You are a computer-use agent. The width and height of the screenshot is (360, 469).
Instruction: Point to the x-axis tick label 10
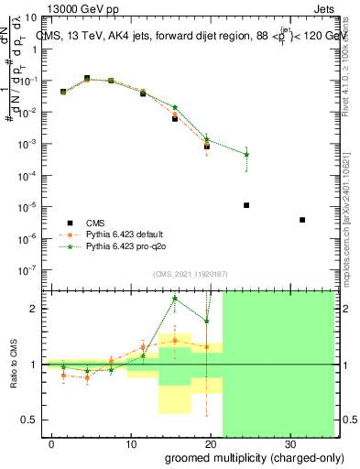point(131,442)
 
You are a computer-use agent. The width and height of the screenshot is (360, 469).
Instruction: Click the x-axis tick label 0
point(52,442)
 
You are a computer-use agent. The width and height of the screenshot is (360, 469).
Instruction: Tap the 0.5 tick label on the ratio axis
point(34,420)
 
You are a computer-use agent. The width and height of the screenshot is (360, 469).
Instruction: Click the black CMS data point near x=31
point(302,220)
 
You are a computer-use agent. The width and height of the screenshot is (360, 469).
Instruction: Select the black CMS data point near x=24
point(247,205)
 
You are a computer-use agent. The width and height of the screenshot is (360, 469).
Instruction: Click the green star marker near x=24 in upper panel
point(247,154)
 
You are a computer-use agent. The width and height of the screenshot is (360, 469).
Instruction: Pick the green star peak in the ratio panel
point(175,298)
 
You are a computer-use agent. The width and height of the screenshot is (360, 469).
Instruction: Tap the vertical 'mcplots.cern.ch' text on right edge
point(346,220)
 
